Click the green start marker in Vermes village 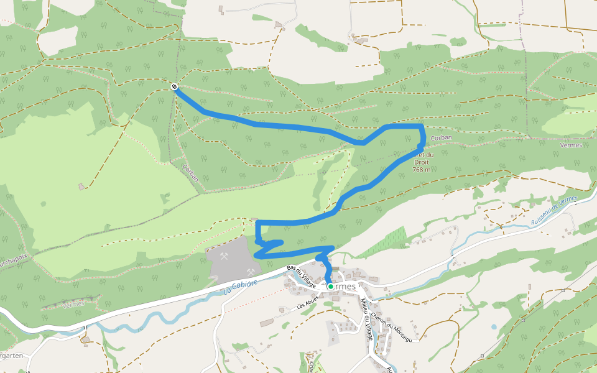(331, 287)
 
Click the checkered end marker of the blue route (175, 86)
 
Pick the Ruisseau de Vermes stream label (555, 211)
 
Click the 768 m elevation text (422, 169)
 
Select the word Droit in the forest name (421, 162)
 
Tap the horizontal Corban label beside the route (441, 137)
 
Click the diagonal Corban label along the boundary (191, 172)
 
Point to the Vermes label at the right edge (571, 145)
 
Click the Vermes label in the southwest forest (74, 305)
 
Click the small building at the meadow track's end (81, 186)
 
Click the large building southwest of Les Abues (266, 322)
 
